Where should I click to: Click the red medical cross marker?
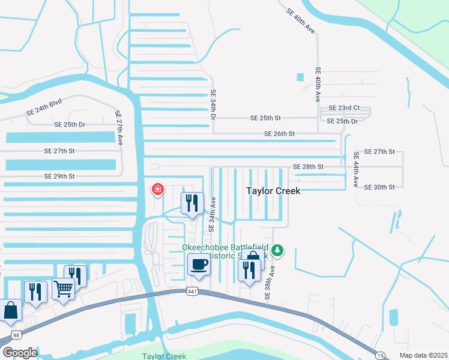(158, 190)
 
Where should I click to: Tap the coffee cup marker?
(199, 264)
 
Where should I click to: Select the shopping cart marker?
(63, 289)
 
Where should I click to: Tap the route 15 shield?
(381, 355)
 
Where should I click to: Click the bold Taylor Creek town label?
(273, 190)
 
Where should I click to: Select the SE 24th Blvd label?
(44, 107)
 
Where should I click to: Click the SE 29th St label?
(59, 176)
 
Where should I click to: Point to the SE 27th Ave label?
(118, 127)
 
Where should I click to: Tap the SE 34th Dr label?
(212, 103)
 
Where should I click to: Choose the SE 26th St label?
(280, 134)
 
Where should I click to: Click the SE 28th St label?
(308, 166)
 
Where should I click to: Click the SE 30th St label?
(379, 187)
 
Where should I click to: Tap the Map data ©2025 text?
(423, 355)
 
